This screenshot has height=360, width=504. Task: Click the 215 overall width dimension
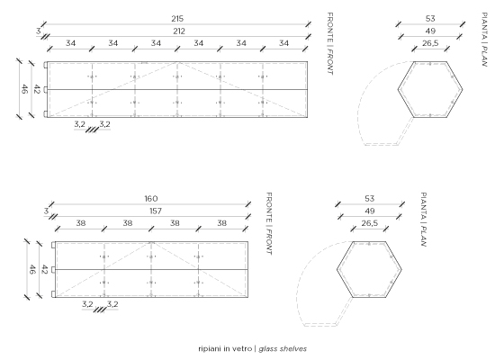(x=177, y=19)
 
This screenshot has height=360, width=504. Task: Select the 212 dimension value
(x=179, y=31)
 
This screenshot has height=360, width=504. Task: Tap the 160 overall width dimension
(x=151, y=199)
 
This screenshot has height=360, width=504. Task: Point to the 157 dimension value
(x=156, y=211)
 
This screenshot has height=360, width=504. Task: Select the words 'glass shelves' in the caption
(x=283, y=349)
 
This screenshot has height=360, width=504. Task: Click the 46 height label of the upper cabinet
(x=23, y=89)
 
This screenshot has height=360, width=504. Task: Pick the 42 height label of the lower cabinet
(x=44, y=269)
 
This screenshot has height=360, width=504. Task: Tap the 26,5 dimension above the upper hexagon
(x=430, y=43)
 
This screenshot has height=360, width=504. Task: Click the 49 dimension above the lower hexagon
(x=370, y=211)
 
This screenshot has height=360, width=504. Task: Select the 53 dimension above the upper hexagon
(x=430, y=19)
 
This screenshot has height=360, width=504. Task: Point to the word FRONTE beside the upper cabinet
(x=329, y=28)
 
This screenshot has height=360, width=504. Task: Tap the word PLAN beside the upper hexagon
(x=484, y=57)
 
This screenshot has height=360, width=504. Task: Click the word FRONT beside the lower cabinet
(x=269, y=242)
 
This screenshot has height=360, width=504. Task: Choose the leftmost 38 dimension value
(x=81, y=223)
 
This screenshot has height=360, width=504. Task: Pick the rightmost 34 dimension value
(x=283, y=43)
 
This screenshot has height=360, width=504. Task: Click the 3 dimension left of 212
(x=39, y=31)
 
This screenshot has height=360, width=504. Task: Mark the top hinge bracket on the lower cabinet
(x=53, y=245)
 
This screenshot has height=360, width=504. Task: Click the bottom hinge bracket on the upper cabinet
(x=46, y=113)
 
